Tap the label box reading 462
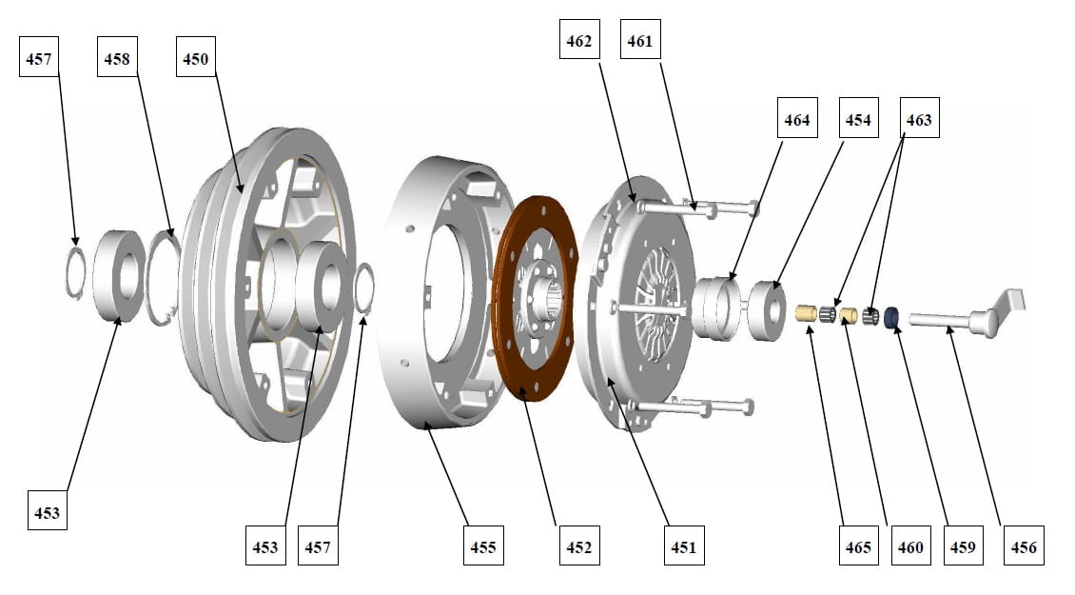[x=579, y=41]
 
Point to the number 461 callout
[x=640, y=41]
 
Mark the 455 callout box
[x=483, y=546]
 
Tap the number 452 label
[x=578, y=546]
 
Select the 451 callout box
[x=684, y=546]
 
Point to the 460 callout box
[x=910, y=546]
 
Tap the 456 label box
[x=1025, y=546]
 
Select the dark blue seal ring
[x=893, y=316]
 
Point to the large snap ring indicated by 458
[x=163, y=279]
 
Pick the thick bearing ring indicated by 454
[x=764, y=310]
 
